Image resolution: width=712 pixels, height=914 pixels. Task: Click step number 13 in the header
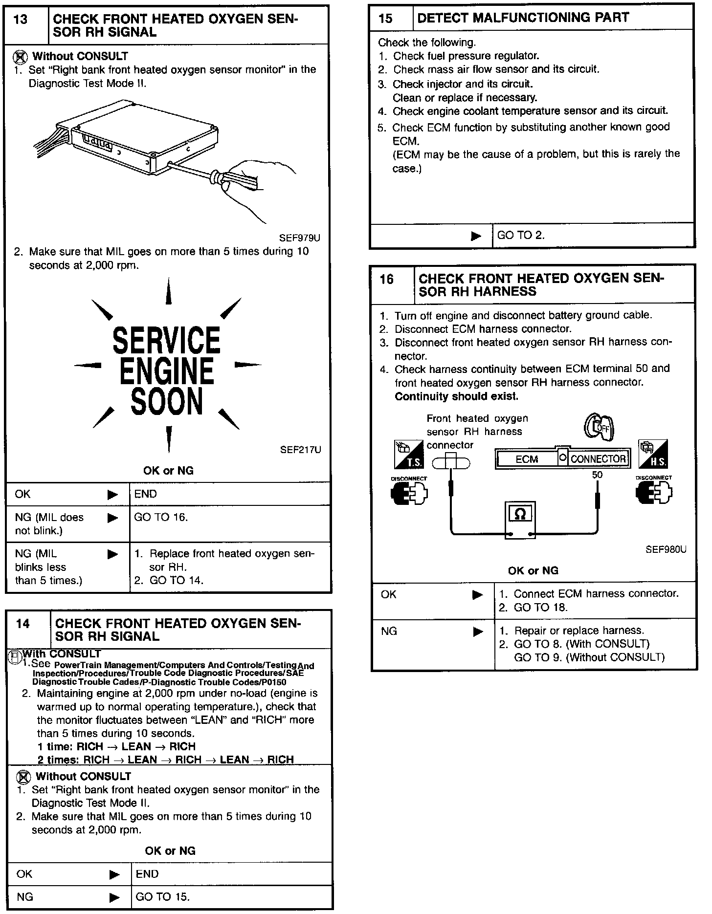pyautogui.click(x=21, y=20)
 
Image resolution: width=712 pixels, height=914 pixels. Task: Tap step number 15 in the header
pyautogui.click(x=385, y=19)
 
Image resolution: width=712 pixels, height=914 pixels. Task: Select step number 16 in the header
pyautogui.click(x=386, y=280)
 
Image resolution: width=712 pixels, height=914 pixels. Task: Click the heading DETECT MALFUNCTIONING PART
pyautogui.click(x=523, y=18)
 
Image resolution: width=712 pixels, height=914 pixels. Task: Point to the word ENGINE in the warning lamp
pyautogui.click(x=167, y=371)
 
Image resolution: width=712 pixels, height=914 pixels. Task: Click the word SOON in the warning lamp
pyautogui.click(x=167, y=402)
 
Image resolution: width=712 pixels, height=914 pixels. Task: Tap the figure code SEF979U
pyautogui.click(x=300, y=238)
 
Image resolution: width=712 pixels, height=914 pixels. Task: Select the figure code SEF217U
pyautogui.click(x=300, y=450)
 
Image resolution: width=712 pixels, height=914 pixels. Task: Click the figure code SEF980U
pyautogui.click(x=666, y=549)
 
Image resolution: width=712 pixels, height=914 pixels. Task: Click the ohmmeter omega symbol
pyautogui.click(x=520, y=514)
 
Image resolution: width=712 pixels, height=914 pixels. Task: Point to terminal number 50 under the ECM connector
pyautogui.click(x=597, y=475)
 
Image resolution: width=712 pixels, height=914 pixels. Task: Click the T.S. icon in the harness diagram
pyautogui.click(x=409, y=455)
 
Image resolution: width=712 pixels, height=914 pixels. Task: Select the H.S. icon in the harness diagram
pyautogui.click(x=653, y=455)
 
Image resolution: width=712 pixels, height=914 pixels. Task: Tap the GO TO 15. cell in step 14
pyautogui.click(x=162, y=897)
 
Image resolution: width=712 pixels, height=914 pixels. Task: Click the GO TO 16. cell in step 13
pyautogui.click(x=161, y=518)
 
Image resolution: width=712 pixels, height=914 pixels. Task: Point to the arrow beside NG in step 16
pyautogui.click(x=478, y=631)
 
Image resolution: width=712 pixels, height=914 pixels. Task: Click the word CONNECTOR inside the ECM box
pyautogui.click(x=598, y=459)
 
